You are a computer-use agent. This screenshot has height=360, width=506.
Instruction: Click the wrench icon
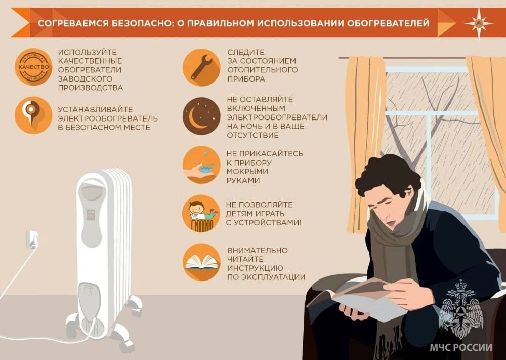(201, 67)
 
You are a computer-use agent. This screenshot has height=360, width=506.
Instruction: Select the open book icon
(201, 262)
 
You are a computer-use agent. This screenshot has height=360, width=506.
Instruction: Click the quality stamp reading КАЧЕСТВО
(33, 67)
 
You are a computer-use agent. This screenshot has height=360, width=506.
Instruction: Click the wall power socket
(31, 239)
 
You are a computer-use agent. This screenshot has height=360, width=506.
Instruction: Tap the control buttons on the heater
(91, 214)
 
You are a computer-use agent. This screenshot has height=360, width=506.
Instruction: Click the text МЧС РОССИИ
(461, 347)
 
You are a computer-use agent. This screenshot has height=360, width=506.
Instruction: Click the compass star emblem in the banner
(479, 23)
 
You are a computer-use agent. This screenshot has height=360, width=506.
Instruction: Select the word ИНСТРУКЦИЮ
(255, 268)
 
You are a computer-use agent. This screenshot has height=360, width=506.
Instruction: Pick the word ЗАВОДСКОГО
(85, 79)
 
